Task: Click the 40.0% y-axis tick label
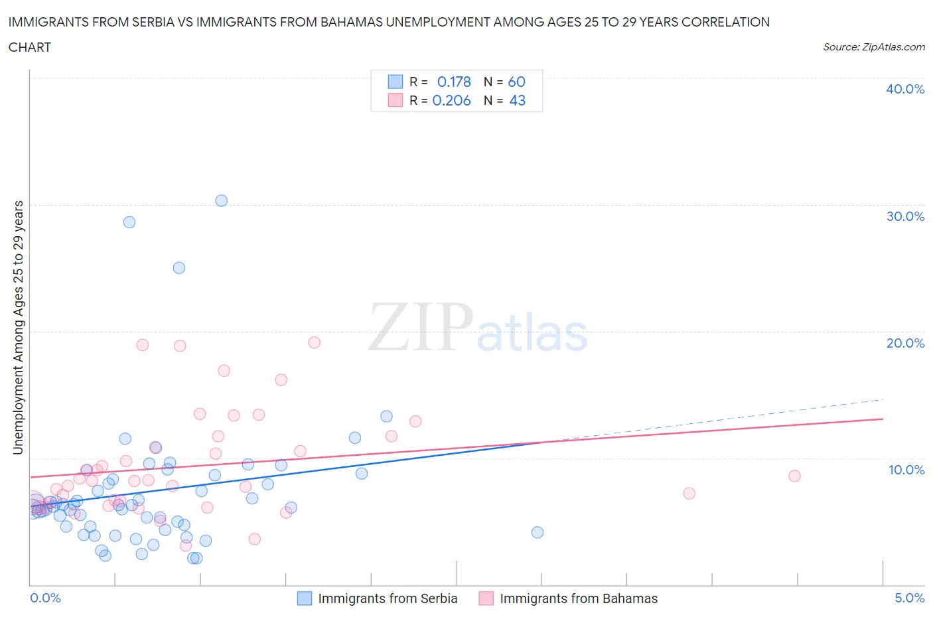904,89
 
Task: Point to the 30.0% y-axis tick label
904,216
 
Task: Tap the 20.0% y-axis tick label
904,343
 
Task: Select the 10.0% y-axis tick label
906,470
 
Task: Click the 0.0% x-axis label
45,598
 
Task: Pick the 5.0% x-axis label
909,598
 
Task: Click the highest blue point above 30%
222,200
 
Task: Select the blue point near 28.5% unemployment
129,222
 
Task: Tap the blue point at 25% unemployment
179,268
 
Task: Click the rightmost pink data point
794,476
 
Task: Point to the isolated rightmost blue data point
538,532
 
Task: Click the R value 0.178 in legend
454,82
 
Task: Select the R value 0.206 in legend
451,100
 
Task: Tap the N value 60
516,82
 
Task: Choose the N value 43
517,100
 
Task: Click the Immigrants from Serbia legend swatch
305,598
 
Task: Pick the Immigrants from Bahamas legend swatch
486,598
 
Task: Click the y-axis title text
18,328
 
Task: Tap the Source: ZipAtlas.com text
873,46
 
